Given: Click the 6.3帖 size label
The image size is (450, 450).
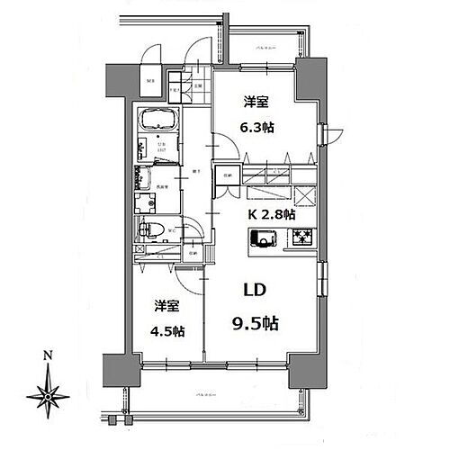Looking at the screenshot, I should click(259, 127).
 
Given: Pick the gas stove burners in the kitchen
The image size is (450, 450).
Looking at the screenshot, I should click(299, 238).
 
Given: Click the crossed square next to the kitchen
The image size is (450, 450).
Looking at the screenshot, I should click(303, 195).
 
